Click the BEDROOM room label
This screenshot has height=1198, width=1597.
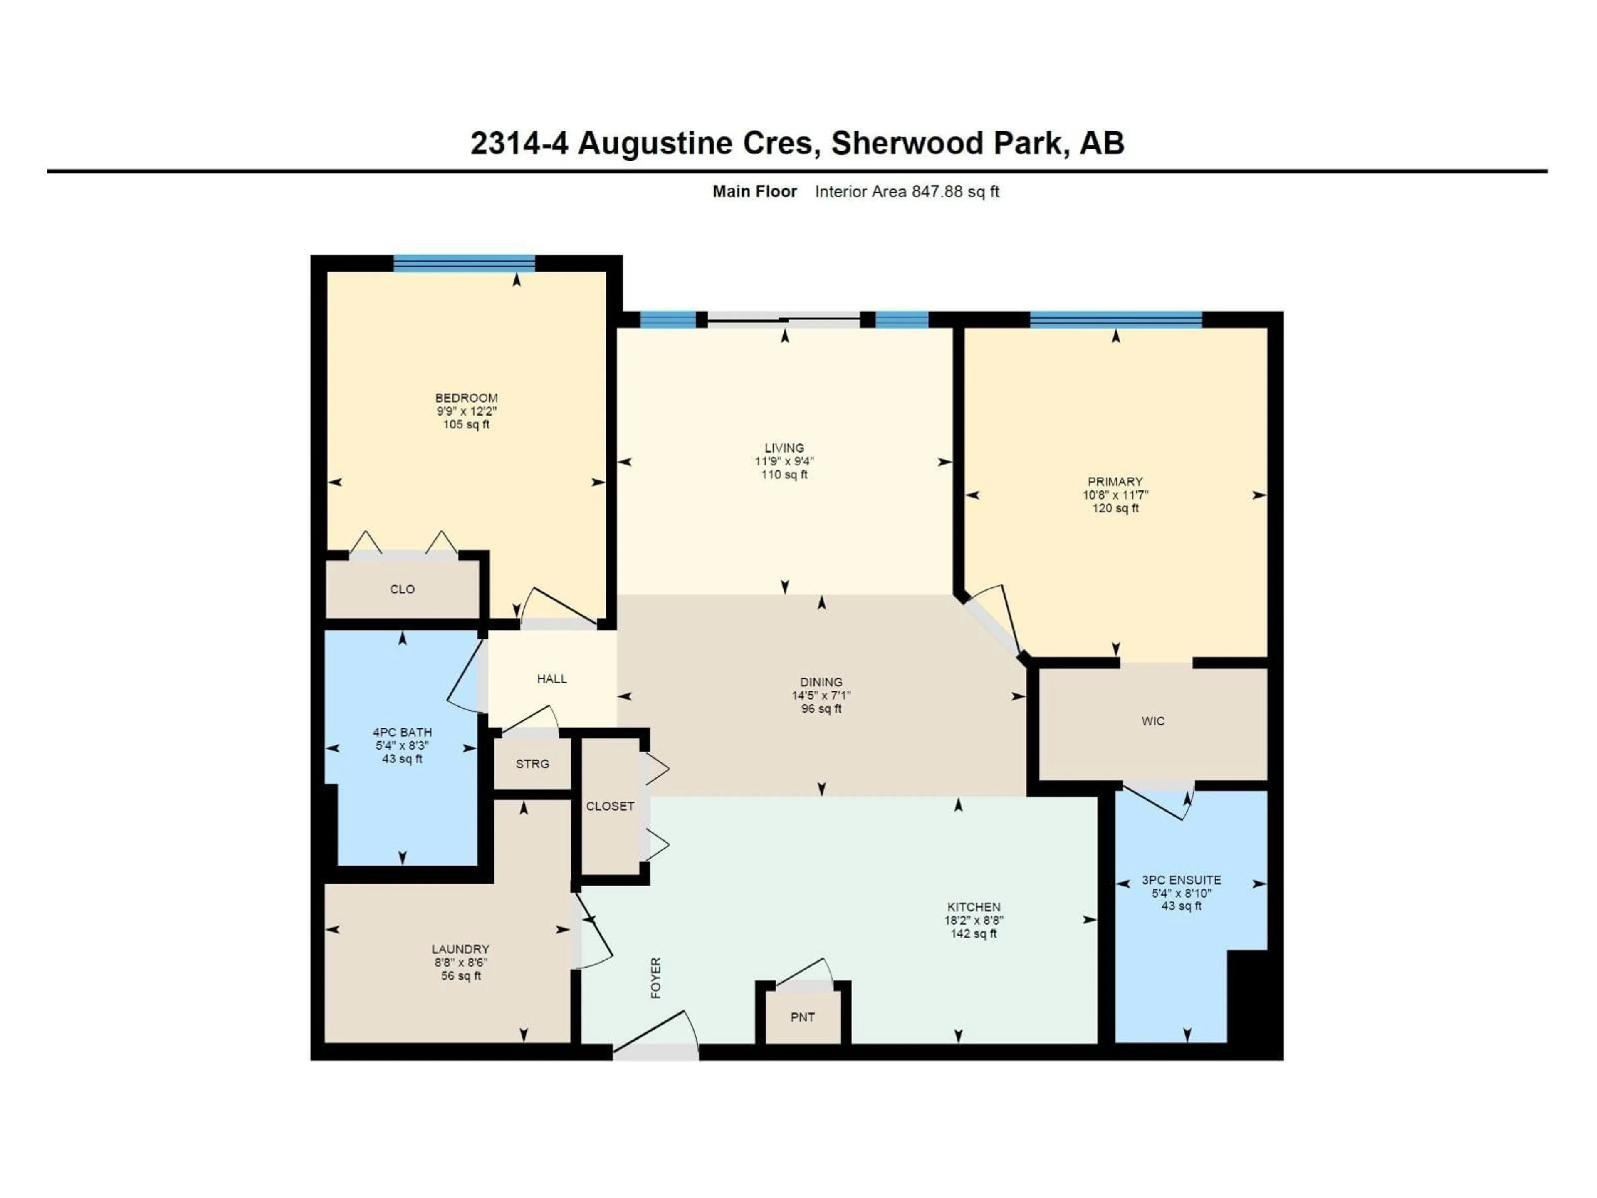[466, 398]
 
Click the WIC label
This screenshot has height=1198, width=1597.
[1152, 721]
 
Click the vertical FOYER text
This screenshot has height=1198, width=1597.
[655, 978]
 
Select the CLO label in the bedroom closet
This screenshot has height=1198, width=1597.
[402, 589]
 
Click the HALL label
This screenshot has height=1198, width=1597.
[551, 679]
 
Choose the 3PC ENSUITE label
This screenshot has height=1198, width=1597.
[1181, 880]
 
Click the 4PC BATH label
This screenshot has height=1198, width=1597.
[402, 732]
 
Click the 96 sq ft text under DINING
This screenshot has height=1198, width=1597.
[821, 709]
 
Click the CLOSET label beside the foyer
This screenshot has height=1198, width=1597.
[610, 806]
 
